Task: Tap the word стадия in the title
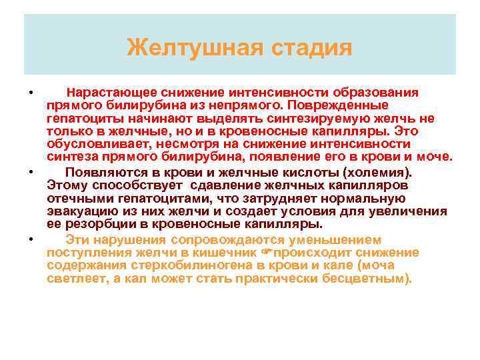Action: [x=311, y=48]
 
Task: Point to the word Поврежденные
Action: [x=347, y=105]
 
